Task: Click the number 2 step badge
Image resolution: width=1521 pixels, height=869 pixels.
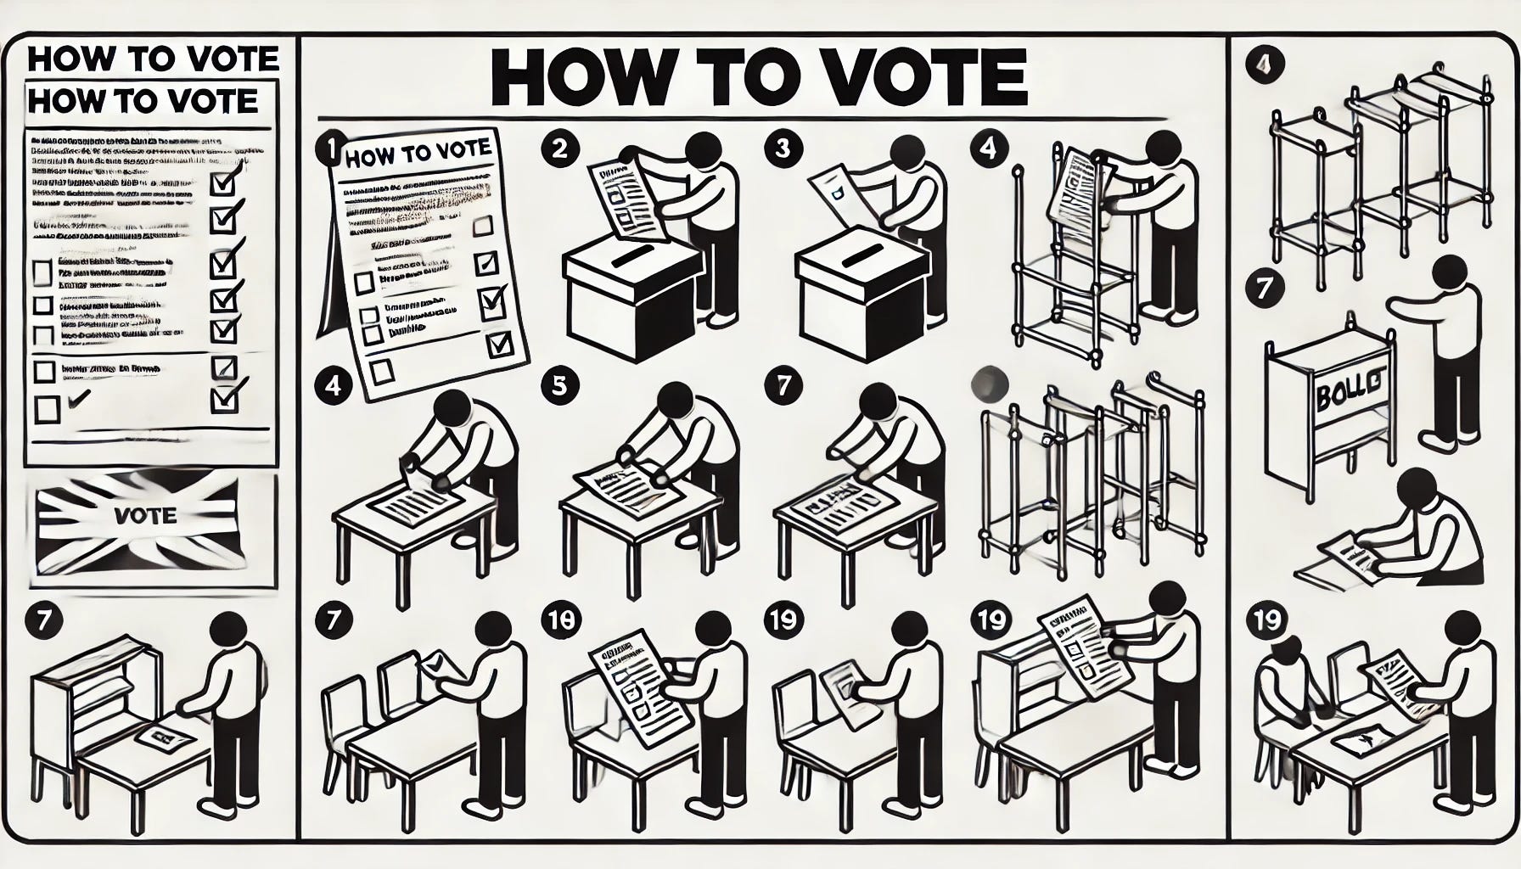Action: pyautogui.click(x=558, y=149)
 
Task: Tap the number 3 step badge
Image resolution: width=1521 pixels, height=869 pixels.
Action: pyautogui.click(x=782, y=149)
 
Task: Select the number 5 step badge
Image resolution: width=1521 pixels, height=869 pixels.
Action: pyautogui.click(x=558, y=386)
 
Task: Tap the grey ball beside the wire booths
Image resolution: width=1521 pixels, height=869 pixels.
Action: pyautogui.click(x=990, y=384)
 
